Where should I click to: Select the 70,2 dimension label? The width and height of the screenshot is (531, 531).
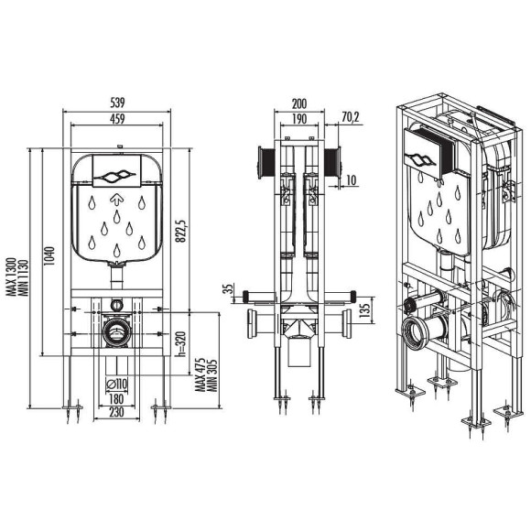tap(352, 116)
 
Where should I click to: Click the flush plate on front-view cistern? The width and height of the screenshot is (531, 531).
tap(115, 171)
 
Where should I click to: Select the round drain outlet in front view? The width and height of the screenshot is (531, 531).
tap(116, 331)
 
